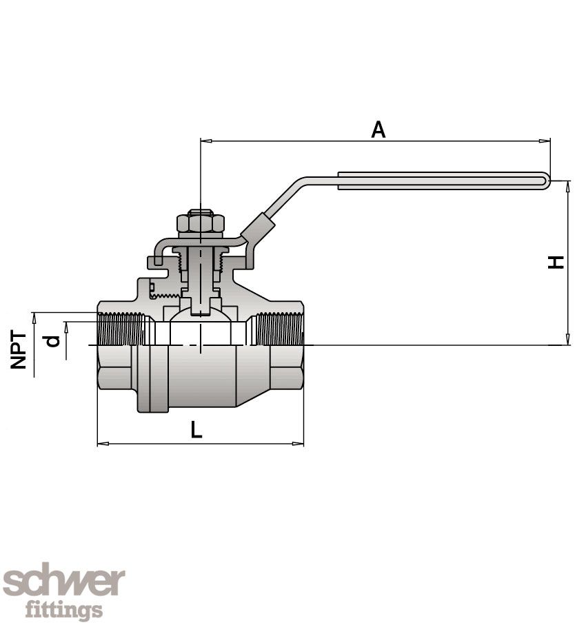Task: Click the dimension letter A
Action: pyautogui.click(x=378, y=129)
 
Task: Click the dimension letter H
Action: pyautogui.click(x=556, y=262)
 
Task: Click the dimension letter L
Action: pyautogui.click(x=196, y=431)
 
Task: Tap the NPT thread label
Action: pyautogui.click(x=19, y=349)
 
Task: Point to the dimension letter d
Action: pyautogui.click(x=52, y=340)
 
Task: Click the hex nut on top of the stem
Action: pyautogui.click(x=201, y=223)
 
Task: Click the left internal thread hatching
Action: pyautogui.click(x=121, y=329)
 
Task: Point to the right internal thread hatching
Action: pyautogui.click(x=279, y=329)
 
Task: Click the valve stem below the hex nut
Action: pyautogui.click(x=200, y=276)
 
